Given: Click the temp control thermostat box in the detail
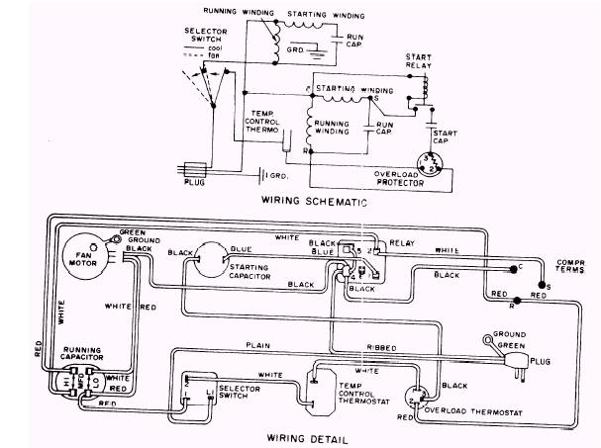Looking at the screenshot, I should tap(318, 391).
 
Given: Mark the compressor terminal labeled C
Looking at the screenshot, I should tap(511, 267).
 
